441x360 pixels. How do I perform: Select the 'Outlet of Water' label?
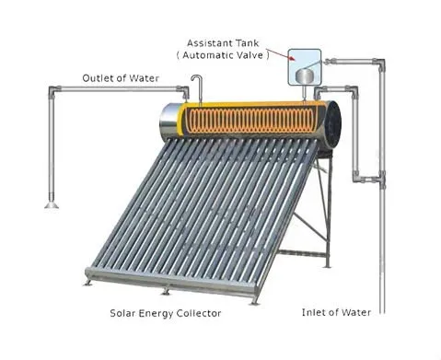[120, 78]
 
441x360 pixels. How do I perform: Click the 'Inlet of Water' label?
[337, 313]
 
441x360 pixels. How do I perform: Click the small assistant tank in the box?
[304, 71]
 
